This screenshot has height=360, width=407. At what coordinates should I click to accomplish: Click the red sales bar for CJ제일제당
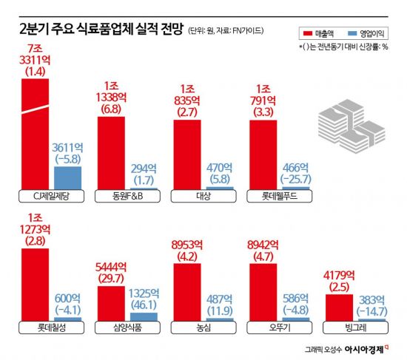pyautogui.click(x=35, y=133)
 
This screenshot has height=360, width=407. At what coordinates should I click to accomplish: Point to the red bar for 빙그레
pyautogui.click(x=340, y=307)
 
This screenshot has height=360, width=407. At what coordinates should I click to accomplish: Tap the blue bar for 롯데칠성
pyautogui.click(x=67, y=318)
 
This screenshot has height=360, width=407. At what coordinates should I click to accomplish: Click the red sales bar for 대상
pyautogui.click(x=186, y=154)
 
